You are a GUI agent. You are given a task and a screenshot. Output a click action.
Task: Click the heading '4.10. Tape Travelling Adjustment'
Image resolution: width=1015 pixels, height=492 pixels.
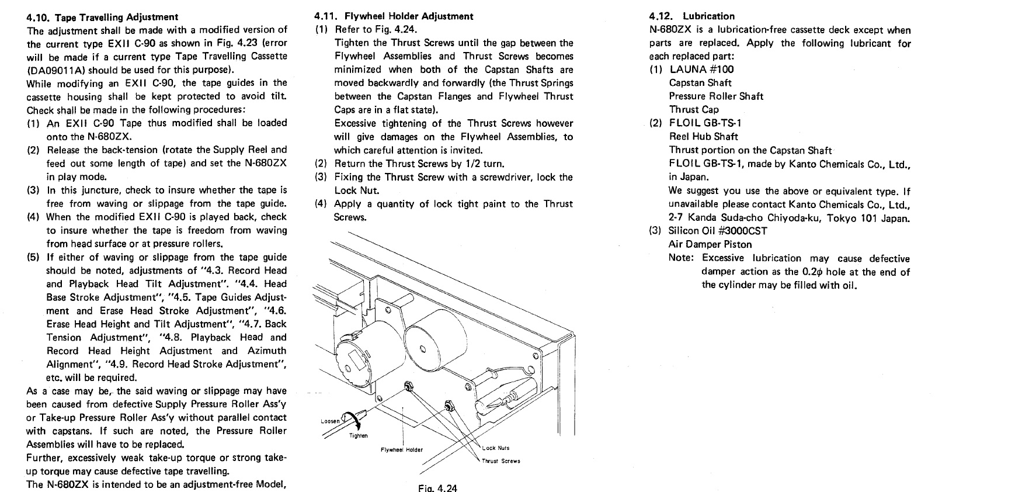(103, 17)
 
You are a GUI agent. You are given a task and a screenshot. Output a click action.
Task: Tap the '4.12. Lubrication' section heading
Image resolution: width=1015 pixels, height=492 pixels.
(691, 16)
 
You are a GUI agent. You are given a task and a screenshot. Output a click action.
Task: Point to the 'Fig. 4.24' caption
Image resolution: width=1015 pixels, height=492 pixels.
(437, 487)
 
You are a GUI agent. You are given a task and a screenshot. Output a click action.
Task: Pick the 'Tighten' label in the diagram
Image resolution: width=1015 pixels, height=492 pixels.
(358, 435)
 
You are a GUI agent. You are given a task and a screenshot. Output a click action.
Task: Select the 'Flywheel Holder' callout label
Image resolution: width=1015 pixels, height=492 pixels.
(401, 449)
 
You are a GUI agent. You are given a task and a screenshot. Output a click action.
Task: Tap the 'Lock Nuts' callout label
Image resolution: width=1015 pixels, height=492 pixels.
(496, 448)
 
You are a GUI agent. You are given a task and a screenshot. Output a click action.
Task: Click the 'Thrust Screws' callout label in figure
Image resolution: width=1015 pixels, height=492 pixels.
(500, 460)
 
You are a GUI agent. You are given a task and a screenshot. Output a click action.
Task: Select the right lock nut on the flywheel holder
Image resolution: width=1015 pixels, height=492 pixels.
(449, 406)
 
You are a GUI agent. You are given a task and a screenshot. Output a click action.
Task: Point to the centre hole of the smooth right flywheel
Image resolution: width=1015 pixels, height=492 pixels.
(422, 349)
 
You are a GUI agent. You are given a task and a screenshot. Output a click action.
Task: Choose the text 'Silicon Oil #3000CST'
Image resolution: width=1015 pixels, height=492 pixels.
(718, 230)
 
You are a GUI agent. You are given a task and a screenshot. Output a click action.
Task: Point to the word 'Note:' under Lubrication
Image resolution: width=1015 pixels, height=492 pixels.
(682, 258)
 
